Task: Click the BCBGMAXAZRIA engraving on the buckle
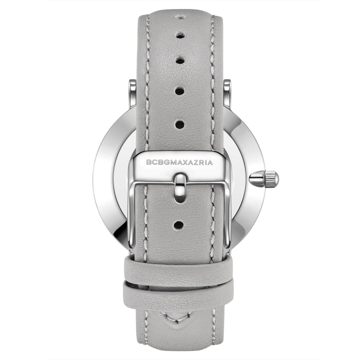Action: coord(180,162)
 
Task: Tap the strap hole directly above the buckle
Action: coord(179,125)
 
